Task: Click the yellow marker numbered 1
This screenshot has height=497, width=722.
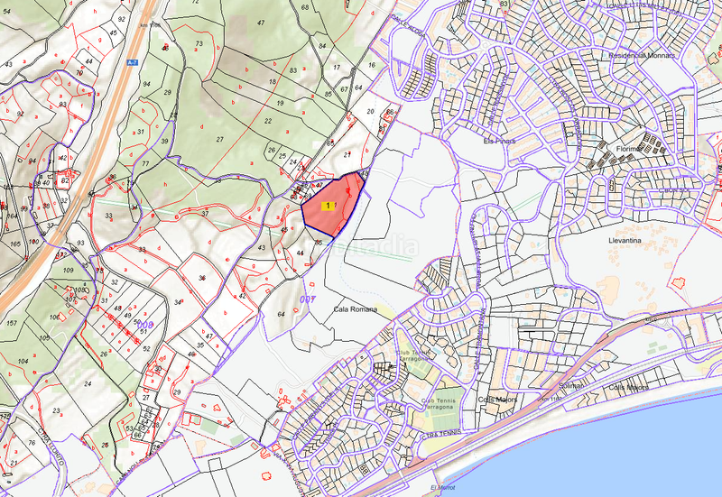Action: pyautogui.click(x=326, y=207)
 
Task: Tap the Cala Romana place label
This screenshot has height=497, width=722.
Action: pyautogui.click(x=354, y=309)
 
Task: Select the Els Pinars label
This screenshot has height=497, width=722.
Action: pyautogui.click(x=497, y=140)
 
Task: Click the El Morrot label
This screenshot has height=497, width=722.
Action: pyautogui.click(x=444, y=488)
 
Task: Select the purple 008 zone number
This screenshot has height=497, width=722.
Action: pyautogui.click(x=143, y=323)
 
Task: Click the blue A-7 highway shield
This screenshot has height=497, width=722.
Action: pyautogui.click(x=131, y=61)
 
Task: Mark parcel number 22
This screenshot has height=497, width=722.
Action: pyautogui.click(x=268, y=120)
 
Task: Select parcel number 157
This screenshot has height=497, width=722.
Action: pyautogui.click(x=11, y=323)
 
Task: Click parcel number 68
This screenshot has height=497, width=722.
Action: pyautogui.click(x=305, y=8)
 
